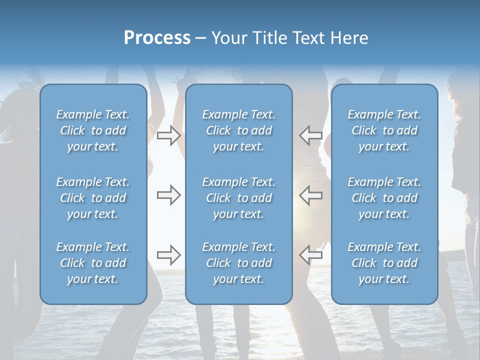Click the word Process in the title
pyautogui.click(x=157, y=38)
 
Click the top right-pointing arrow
pyautogui.click(x=168, y=135)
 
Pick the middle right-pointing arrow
pyautogui.click(x=168, y=195)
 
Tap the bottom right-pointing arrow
pyautogui.click(x=168, y=255)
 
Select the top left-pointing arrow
pyautogui.click(x=311, y=135)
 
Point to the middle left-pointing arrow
pyautogui.click(x=311, y=195)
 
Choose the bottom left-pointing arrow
pyautogui.click(x=311, y=255)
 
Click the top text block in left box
pyautogui.click(x=93, y=130)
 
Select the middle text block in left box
pyautogui.click(x=93, y=198)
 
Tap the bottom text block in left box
pyautogui.click(x=93, y=263)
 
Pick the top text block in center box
pyautogui.click(x=238, y=130)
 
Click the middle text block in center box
pyautogui.click(x=238, y=198)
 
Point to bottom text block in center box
pyautogui.click(x=238, y=263)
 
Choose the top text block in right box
pyautogui.click(x=384, y=130)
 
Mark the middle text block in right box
pyautogui.click(x=384, y=198)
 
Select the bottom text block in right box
pyautogui.click(x=384, y=263)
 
